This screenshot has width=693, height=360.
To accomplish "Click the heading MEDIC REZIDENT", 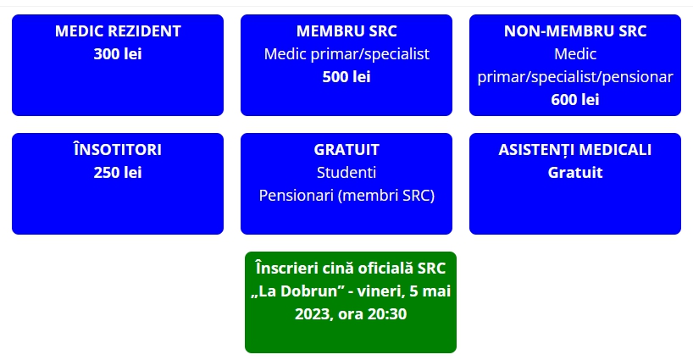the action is click(x=118, y=31).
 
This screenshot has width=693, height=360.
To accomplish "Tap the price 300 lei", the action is click(x=118, y=54).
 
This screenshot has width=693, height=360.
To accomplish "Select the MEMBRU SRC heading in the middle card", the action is click(x=346, y=31).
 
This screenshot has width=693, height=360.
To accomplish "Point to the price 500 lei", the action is click(x=346, y=77).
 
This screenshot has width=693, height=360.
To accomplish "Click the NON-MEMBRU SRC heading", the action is click(x=575, y=31).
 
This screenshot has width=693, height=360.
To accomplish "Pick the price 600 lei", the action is click(x=575, y=100).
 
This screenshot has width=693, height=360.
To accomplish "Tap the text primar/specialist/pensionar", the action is click(x=575, y=77).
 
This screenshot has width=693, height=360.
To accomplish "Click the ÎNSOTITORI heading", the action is click(x=118, y=149).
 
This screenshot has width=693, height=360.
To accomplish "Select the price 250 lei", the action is click(x=118, y=172).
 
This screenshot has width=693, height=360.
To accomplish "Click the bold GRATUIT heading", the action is click(x=346, y=150).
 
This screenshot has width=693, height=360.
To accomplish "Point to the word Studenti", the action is click(x=346, y=172).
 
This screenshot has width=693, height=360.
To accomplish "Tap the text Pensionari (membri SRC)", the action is click(x=346, y=196).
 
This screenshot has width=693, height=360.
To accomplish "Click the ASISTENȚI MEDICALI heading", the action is click(x=575, y=150).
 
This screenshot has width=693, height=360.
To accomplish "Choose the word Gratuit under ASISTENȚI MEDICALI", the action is click(x=575, y=172).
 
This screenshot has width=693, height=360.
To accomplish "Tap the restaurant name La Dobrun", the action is click(x=302, y=291).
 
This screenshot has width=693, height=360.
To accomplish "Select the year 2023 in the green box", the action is click(x=313, y=314).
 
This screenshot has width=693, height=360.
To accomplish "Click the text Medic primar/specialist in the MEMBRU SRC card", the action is click(x=346, y=54).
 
